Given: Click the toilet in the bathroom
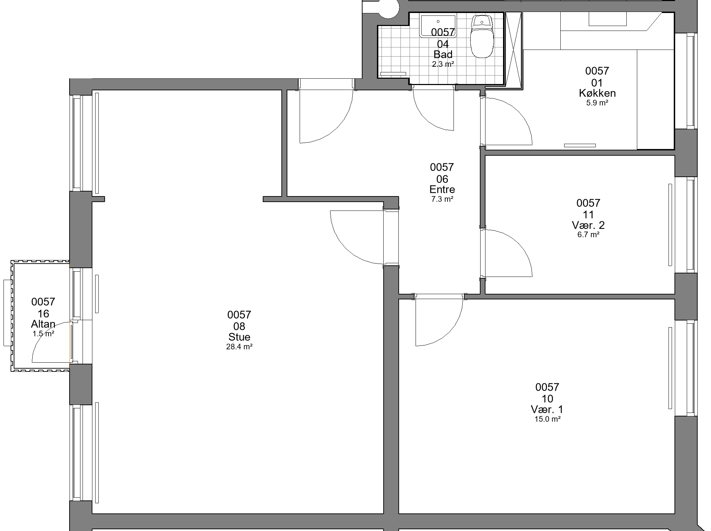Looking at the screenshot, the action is click(482, 37).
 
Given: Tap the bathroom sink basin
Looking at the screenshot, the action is click(438, 26).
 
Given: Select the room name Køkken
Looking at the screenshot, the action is click(597, 93).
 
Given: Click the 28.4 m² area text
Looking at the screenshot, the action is click(240, 347).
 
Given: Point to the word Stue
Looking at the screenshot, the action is click(240, 337).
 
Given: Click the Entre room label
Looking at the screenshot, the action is click(442, 189).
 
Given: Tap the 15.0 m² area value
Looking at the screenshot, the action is click(547, 419).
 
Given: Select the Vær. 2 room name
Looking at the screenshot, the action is click(588, 225).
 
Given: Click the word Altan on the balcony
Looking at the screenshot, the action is click(43, 324).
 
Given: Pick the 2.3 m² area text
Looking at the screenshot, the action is click(443, 64).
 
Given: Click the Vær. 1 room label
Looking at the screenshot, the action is click(547, 409).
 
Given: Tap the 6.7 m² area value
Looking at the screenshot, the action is click(588, 235).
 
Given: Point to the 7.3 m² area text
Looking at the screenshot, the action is click(442, 199).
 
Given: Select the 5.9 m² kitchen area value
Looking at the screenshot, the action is click(597, 103).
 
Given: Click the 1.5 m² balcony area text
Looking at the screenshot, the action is click(43, 334).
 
